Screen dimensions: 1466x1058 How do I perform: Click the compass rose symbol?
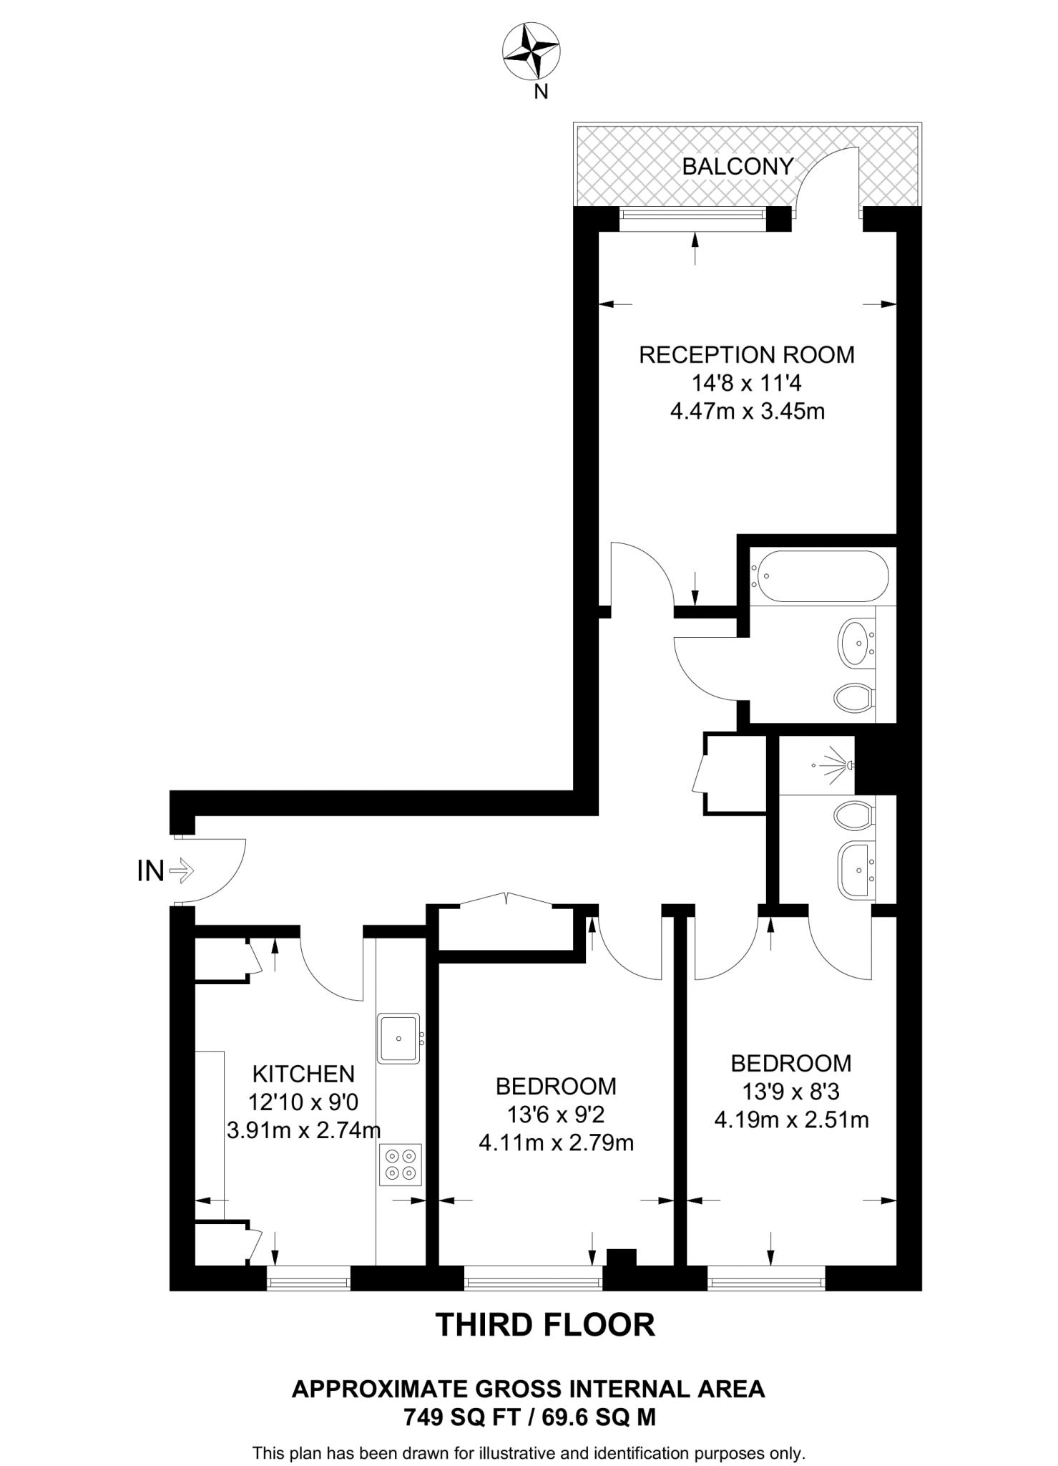pos(531,52)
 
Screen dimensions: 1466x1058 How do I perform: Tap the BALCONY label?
pos(738,167)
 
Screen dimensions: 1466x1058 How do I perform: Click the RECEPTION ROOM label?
pos(746,355)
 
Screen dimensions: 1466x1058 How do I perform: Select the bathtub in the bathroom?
pos(819,576)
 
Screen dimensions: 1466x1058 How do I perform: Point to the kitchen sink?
pos(398,1038)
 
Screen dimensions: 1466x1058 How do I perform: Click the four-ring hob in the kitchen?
pos(401,1164)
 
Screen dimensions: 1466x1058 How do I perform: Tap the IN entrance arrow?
pos(182,870)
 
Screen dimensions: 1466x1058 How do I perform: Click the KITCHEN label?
pos(303,1074)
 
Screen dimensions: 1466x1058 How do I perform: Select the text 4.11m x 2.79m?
pos(556,1143)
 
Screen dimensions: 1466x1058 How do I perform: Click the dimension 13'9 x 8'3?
pos(790,1092)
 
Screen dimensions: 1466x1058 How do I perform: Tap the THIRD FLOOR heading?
pos(545,1325)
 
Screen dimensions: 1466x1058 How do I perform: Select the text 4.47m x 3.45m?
pos(747,412)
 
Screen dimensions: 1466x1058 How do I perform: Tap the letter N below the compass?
pos(542,92)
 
